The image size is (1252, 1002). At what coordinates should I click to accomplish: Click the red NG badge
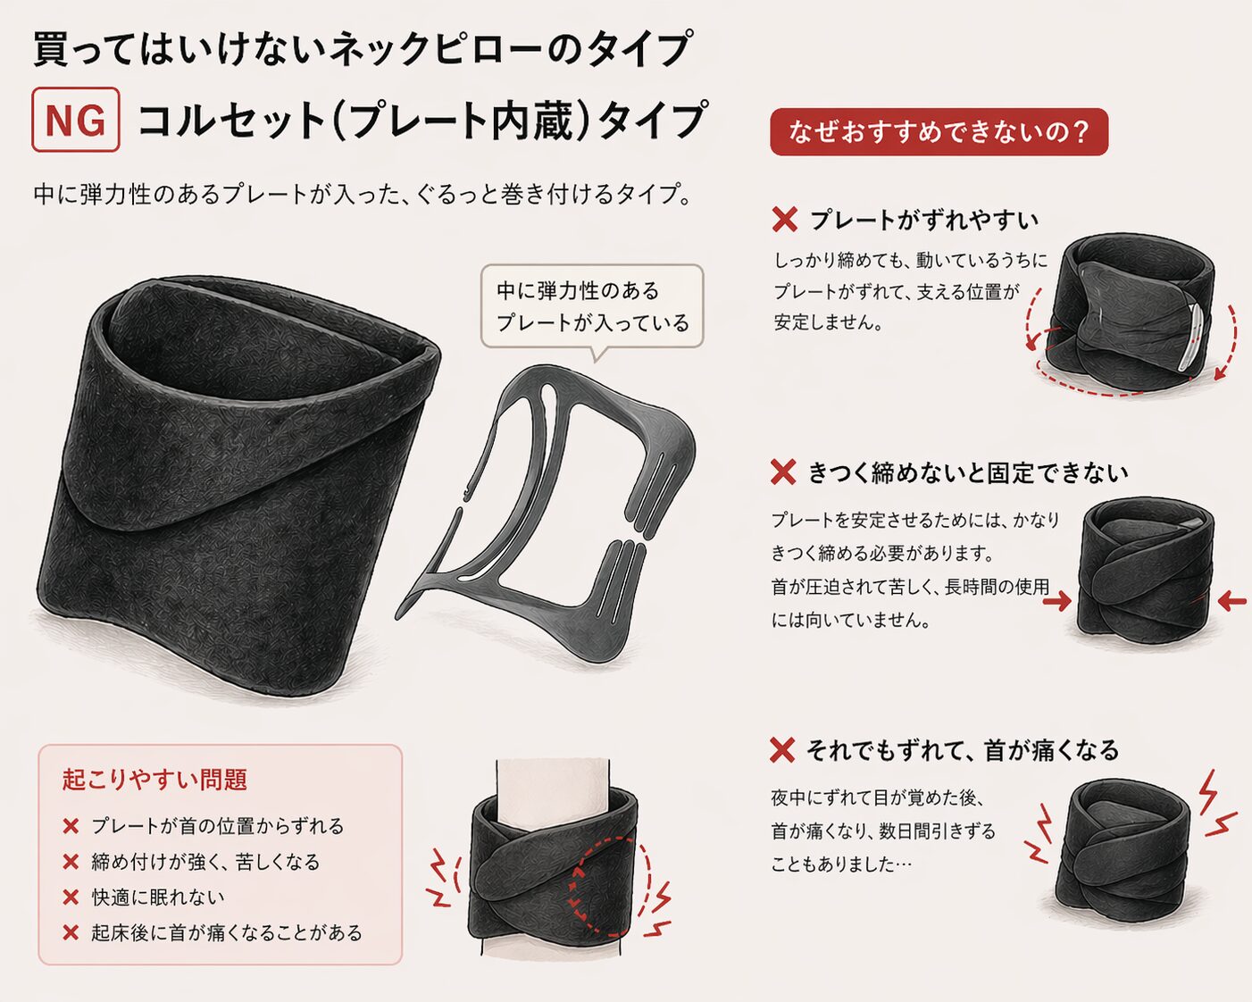[x=76, y=120]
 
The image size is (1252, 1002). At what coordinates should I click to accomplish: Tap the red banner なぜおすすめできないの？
[x=939, y=132]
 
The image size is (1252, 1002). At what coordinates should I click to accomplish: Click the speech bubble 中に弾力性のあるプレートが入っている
[x=592, y=306]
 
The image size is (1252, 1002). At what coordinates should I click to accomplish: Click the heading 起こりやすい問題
[x=154, y=780]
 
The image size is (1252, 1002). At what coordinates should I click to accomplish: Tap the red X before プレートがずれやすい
[x=784, y=220]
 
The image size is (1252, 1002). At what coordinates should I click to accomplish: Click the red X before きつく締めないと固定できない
[x=783, y=472]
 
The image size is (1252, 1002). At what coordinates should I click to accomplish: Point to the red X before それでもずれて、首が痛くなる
[x=782, y=750]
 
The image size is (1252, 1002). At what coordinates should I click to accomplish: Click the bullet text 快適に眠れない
[x=158, y=897]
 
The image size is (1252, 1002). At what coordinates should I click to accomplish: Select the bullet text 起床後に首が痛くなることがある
[x=227, y=932]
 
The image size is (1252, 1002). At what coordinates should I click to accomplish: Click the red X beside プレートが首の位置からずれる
[x=71, y=826]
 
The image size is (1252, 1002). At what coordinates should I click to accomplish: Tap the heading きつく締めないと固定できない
[x=968, y=472]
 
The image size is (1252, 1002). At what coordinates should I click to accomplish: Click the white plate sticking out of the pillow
[x=1189, y=335]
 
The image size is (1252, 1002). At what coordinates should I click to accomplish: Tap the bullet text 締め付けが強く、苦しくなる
[x=205, y=862]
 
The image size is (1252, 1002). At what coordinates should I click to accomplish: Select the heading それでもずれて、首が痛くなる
[x=963, y=750]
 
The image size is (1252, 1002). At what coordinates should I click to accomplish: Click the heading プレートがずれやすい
[x=924, y=220]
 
